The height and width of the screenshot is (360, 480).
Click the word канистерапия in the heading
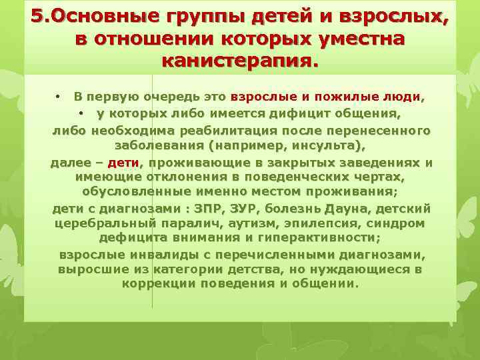coord(239,61)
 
